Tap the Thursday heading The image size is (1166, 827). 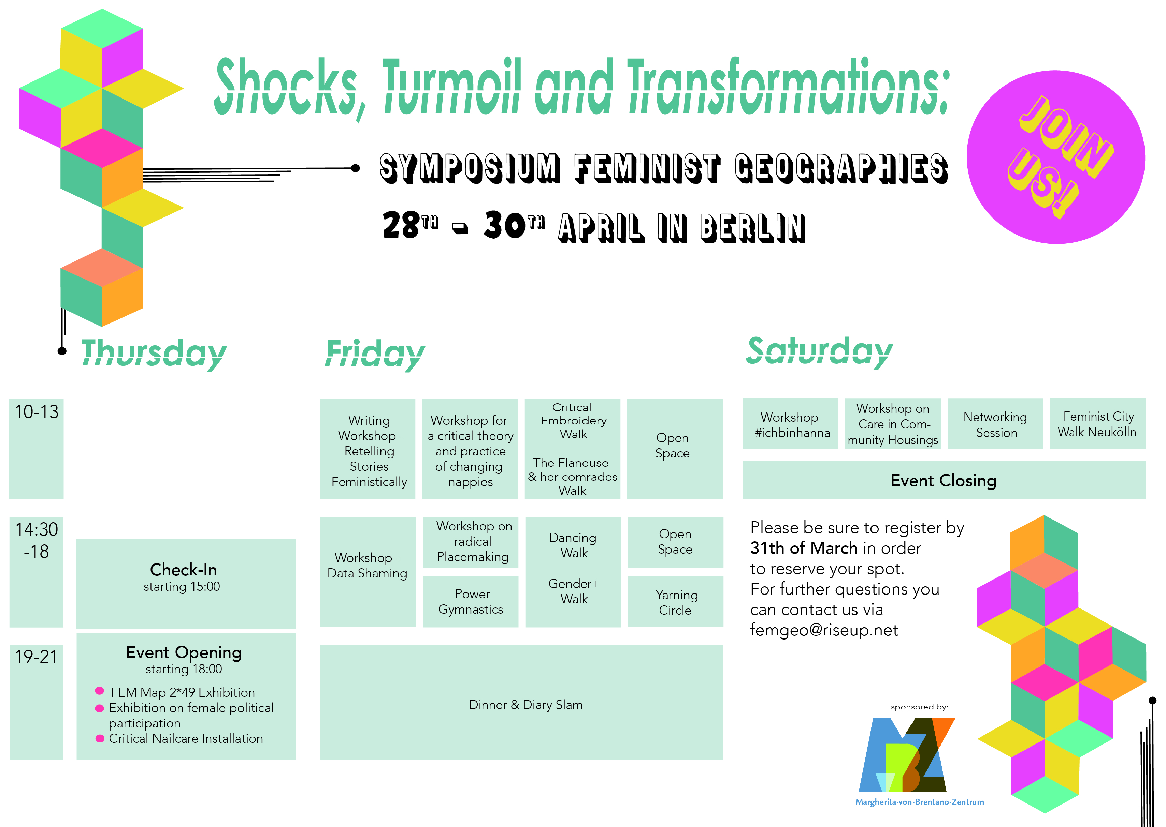point(154,353)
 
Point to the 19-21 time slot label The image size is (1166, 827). point(36,657)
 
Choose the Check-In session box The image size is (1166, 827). point(186,584)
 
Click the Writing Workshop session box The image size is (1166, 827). point(368,449)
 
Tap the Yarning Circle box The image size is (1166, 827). point(675,601)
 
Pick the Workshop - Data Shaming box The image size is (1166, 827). point(368,572)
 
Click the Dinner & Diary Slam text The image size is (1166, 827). point(526,705)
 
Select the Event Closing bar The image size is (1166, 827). point(944,480)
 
